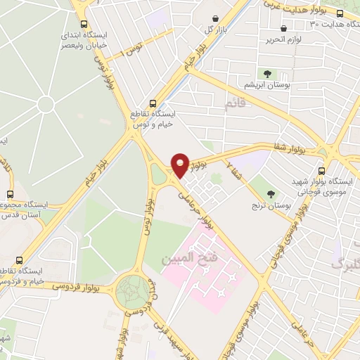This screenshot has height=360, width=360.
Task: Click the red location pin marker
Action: pyautogui.click(x=181, y=164)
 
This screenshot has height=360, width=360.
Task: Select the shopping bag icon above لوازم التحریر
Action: pyautogui.click(x=283, y=29)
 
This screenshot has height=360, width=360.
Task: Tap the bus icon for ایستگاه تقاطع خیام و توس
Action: pyautogui.click(x=154, y=102)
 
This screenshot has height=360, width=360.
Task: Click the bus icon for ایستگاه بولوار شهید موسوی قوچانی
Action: pyautogui.click(x=321, y=171)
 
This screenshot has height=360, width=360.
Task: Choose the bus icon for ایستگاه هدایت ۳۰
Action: pyautogui.click(x=340, y=13)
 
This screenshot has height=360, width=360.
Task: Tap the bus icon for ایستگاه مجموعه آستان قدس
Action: pyautogui.click(x=10, y=194)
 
